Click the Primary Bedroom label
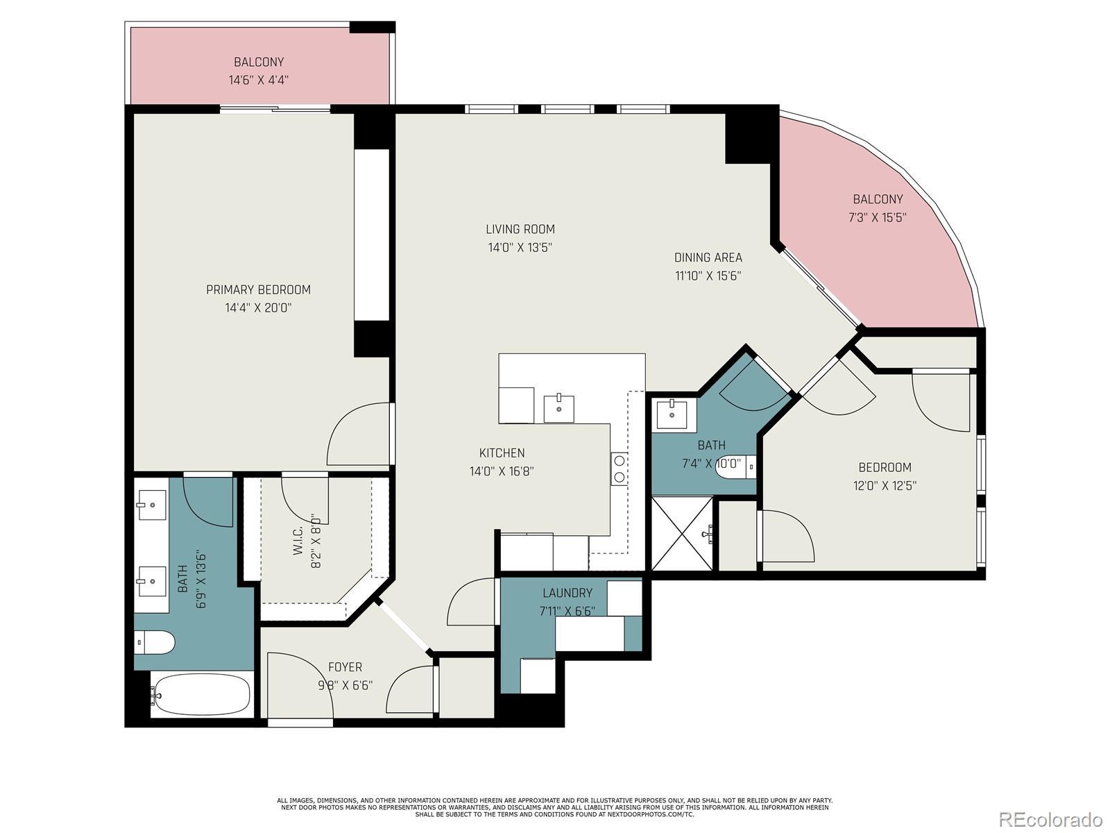[258, 289]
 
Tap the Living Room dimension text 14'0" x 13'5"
[520, 248]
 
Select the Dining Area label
[708, 258]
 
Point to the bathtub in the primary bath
[202, 694]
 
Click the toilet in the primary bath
[155, 642]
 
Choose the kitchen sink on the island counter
[558, 409]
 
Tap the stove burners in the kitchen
[620, 469]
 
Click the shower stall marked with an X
[682, 534]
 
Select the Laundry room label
[567, 593]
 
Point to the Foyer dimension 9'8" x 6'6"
[345, 685]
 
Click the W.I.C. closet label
[298, 541]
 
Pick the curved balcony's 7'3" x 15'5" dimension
[878, 217]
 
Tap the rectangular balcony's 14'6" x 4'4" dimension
[258, 80]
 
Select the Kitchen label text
[502, 453]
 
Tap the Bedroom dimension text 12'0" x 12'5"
[885, 485]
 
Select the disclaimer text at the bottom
[555, 808]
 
